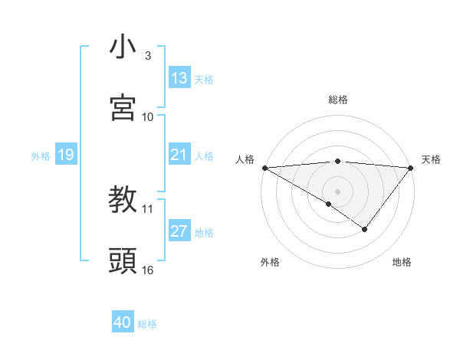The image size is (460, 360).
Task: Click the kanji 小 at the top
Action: (123, 47)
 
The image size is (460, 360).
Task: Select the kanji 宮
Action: (123, 108)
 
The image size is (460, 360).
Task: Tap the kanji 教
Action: (123, 201)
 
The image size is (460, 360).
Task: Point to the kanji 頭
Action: (123, 261)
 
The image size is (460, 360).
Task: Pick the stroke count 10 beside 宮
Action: (148, 116)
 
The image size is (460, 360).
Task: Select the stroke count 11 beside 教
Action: (148, 208)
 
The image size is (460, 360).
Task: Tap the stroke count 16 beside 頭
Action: (148, 270)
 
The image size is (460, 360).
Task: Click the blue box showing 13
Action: (179, 78)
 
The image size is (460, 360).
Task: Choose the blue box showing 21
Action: (179, 155)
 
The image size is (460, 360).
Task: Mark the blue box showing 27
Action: (179, 231)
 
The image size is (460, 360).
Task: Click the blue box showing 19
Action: (65, 155)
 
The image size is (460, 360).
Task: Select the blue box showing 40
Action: (123, 323)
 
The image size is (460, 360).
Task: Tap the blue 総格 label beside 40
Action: (147, 324)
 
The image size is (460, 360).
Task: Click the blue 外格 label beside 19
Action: (41, 155)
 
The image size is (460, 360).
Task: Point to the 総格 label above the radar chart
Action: (337, 100)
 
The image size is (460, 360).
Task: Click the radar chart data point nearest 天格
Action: (411, 168)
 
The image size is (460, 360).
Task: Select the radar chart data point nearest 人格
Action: (264, 168)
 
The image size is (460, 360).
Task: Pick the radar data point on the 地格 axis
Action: (365, 229)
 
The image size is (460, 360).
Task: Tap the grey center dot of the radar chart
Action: (337, 191)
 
